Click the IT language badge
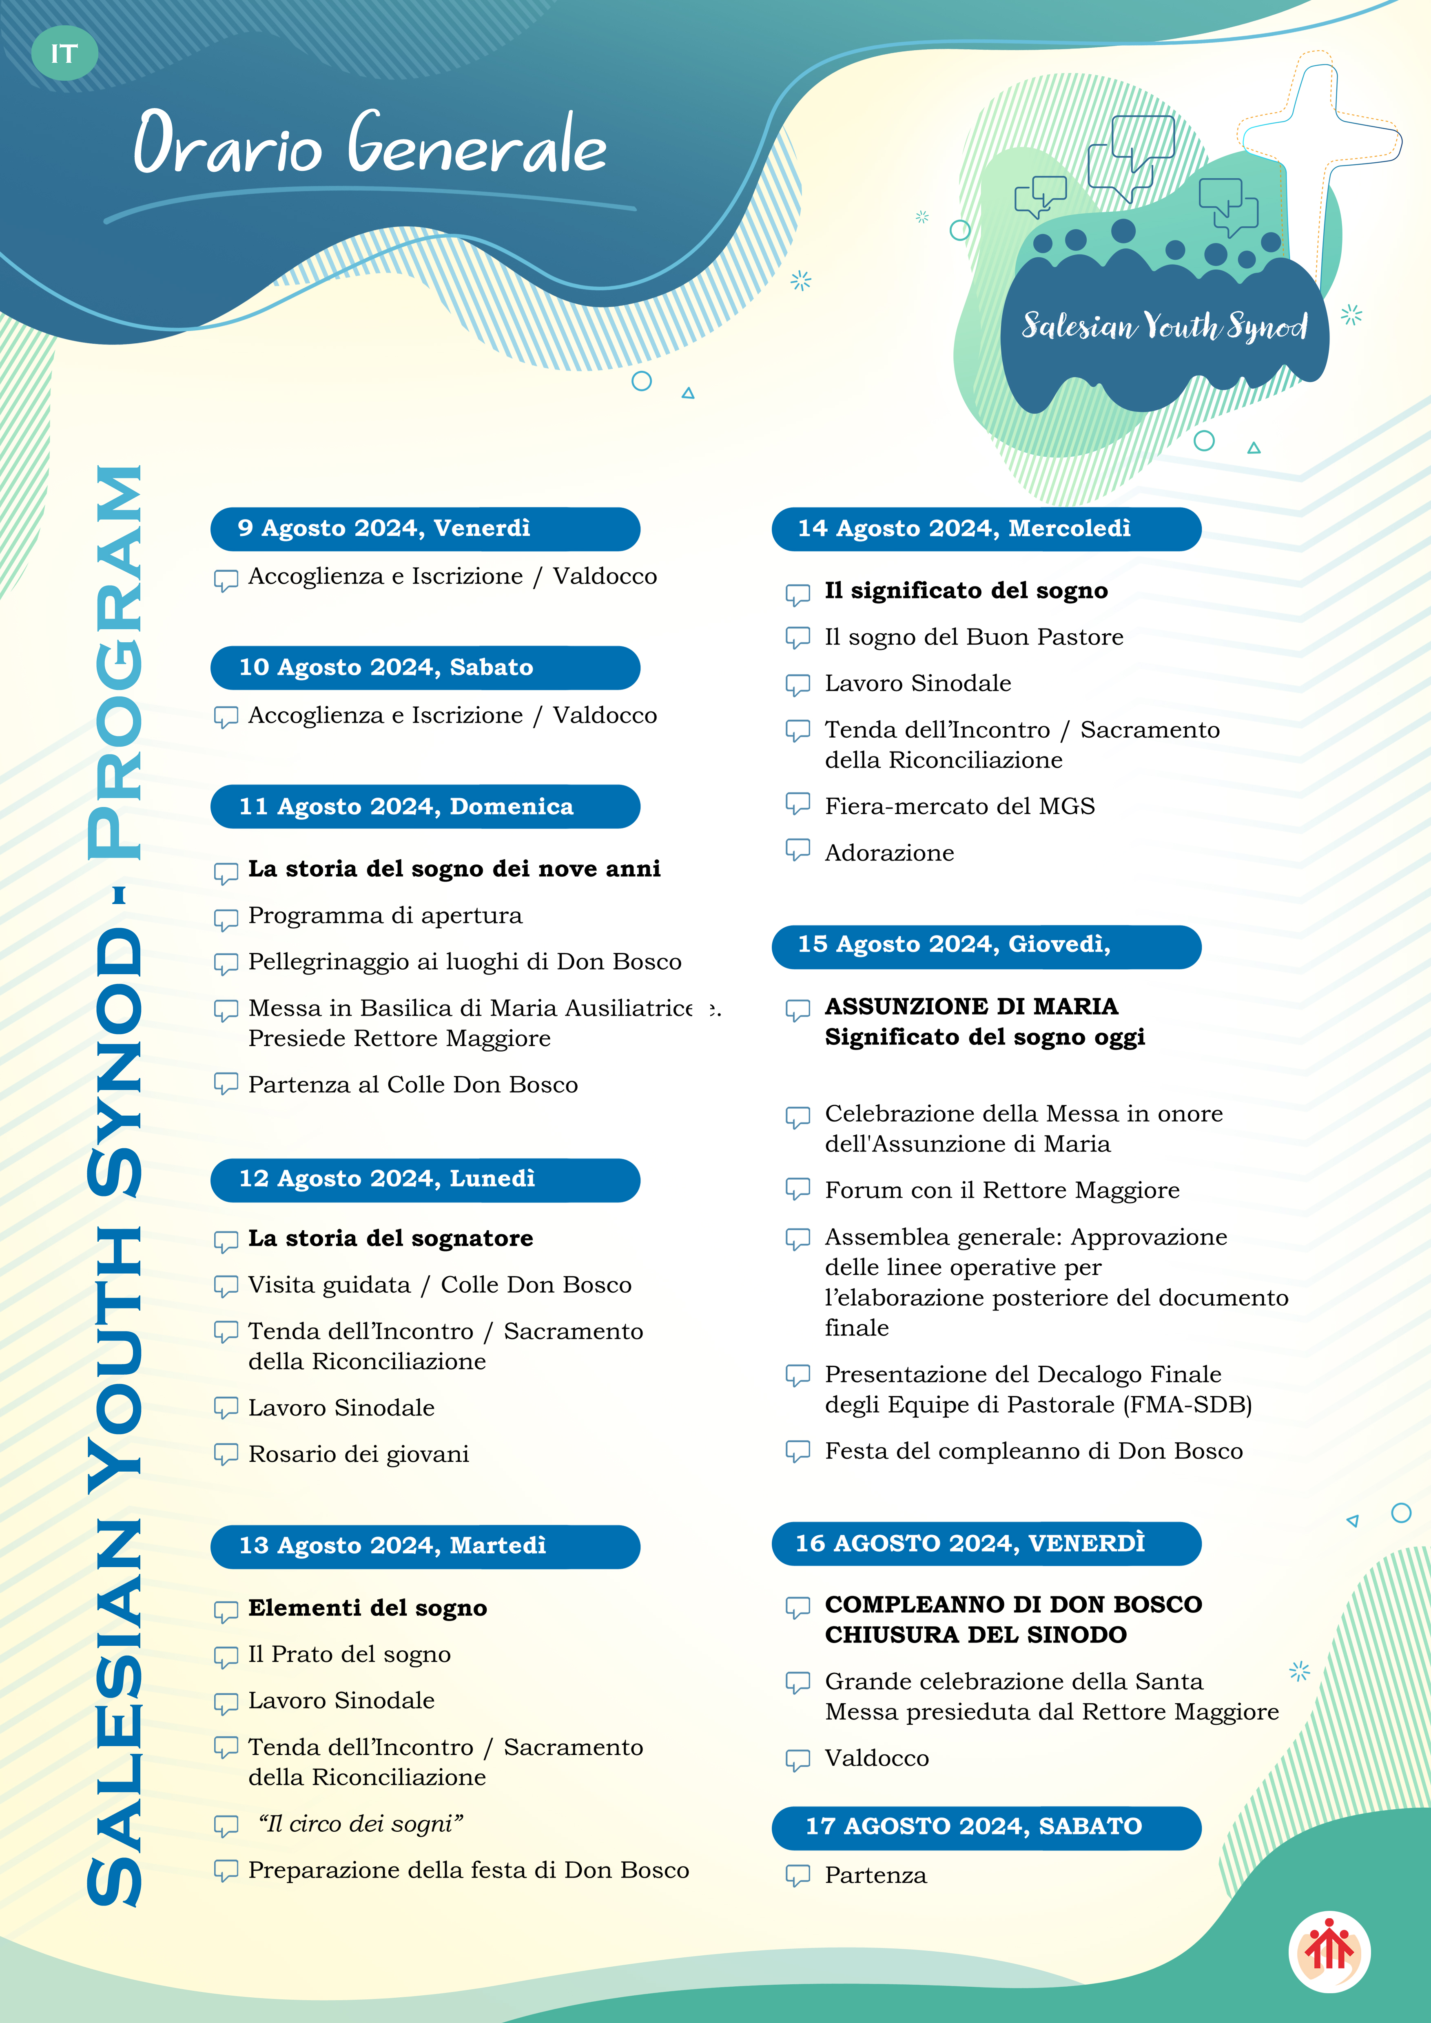(x=64, y=54)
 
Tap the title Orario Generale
(x=370, y=144)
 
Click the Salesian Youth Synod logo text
(x=1164, y=326)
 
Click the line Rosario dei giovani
(x=359, y=1454)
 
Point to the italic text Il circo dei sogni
(x=360, y=1824)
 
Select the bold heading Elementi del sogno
(x=368, y=1608)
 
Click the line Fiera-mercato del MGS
(x=959, y=806)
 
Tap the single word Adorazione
(x=889, y=853)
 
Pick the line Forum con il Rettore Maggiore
(x=1002, y=1190)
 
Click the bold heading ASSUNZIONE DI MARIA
(x=971, y=1006)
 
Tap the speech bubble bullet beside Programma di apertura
(x=226, y=919)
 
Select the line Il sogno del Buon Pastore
(x=974, y=637)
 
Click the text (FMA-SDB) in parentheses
(x=1188, y=1404)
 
